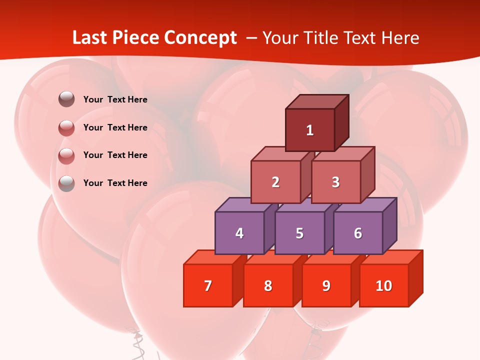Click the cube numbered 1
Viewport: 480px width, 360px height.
point(310,130)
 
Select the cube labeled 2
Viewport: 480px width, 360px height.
point(275,182)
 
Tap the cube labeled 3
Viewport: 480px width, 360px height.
point(335,182)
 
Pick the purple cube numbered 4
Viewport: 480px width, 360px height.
point(239,233)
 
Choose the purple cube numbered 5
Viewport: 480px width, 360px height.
point(299,233)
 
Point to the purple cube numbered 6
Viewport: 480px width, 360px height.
point(358,233)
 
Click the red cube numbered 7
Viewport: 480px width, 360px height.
point(208,285)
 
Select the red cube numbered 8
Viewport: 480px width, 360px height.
point(268,285)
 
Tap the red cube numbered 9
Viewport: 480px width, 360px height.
point(326,285)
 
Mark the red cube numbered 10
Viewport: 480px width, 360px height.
point(384,285)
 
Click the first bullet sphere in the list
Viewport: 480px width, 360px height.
point(66,99)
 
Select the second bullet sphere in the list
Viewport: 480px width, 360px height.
point(66,128)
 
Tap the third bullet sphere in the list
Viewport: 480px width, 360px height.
point(66,155)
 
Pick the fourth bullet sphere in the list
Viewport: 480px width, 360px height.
point(66,183)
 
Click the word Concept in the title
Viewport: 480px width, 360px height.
point(200,38)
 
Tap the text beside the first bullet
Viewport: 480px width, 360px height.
point(115,99)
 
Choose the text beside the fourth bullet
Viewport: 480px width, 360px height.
point(115,183)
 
